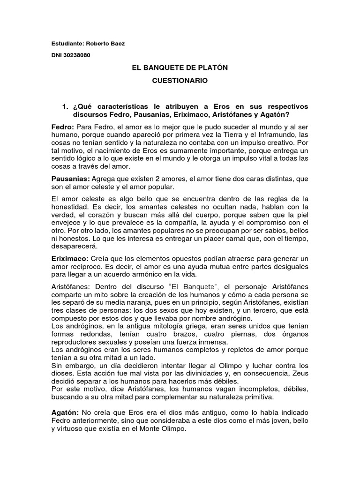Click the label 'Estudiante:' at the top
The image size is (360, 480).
point(67,44)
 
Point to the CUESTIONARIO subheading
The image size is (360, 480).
point(180,81)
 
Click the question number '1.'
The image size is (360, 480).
point(65,107)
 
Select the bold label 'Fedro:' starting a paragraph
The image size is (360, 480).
point(62,127)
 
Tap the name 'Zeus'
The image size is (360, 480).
point(300,373)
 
